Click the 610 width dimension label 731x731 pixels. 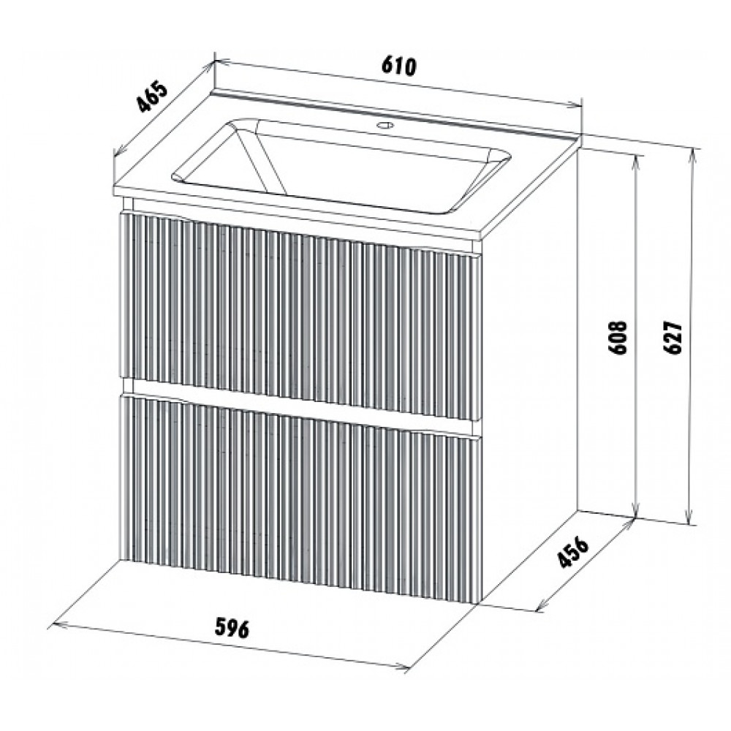[x=398, y=67]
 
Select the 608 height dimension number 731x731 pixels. [x=620, y=338]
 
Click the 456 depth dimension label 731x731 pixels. [x=573, y=553]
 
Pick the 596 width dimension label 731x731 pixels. [x=232, y=629]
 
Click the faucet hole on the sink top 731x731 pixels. [x=385, y=125]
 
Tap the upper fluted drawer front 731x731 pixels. [x=298, y=317]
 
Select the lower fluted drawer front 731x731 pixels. [x=298, y=499]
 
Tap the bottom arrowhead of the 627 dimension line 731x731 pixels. [x=689, y=519]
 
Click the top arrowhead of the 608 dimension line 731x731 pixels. [x=636, y=162]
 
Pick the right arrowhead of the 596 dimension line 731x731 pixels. [x=401, y=667]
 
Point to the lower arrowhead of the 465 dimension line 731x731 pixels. [x=120, y=151]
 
